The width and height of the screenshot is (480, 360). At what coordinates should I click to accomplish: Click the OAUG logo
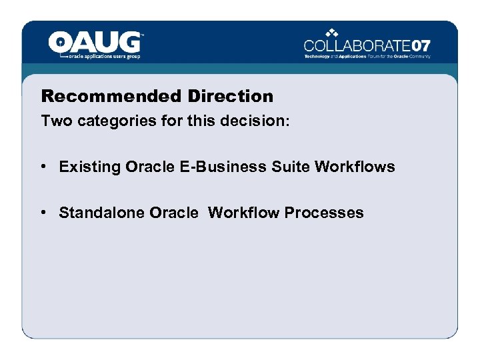tap(95, 44)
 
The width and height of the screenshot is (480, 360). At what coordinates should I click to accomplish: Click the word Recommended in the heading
tap(111, 96)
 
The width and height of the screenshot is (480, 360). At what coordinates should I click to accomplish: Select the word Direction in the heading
tap(230, 96)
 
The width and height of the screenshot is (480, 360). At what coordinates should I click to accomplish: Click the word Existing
tap(85, 167)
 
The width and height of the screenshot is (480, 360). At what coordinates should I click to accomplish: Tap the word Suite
tap(291, 167)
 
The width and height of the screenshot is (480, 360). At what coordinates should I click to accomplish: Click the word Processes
tap(324, 213)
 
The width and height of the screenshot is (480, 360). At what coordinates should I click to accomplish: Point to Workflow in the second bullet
tap(244, 213)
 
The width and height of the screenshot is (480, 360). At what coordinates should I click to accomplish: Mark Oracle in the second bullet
tap(174, 213)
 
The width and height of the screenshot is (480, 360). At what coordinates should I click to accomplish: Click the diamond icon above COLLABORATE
tap(333, 32)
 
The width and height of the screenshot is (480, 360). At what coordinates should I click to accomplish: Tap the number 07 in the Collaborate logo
tap(421, 46)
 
